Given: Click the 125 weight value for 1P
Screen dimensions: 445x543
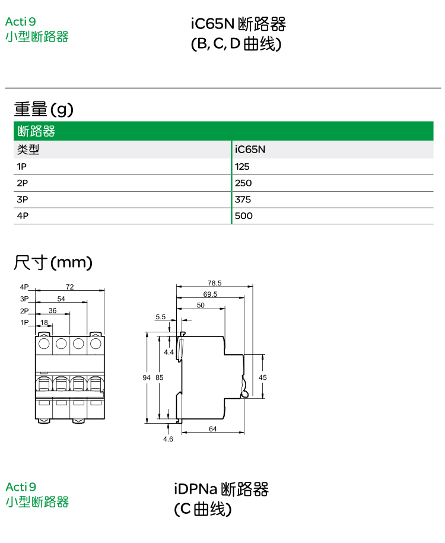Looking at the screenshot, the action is tap(242, 167).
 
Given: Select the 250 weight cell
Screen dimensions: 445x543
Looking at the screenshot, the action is tap(243, 183).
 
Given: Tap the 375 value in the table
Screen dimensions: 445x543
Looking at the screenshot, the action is tap(243, 200).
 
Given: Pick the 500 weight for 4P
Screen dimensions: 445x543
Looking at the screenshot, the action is tap(243, 216).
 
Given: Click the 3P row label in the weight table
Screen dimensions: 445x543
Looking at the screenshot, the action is tap(23, 200).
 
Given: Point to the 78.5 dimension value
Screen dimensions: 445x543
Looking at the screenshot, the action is tap(215, 283).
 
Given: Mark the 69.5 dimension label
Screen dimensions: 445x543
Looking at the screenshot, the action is tap(210, 294).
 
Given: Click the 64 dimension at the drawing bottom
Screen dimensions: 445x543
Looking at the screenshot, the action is tap(212, 429).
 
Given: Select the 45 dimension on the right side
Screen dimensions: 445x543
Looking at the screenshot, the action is tap(262, 377).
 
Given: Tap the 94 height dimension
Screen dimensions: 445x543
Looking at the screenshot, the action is tap(147, 377).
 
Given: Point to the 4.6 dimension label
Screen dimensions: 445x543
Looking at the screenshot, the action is tap(168, 439).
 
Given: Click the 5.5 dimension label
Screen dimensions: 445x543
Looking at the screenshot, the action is tap(160, 317).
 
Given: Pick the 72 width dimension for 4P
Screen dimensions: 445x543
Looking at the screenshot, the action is tap(69, 287).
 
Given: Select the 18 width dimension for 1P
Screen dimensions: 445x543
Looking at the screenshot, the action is tap(44, 323).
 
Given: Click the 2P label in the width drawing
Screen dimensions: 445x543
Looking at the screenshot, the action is tap(24, 311).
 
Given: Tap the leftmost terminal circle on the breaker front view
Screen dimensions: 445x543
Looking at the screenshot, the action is tap(44, 344).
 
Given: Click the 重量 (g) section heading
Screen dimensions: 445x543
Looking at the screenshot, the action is tap(44, 109).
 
